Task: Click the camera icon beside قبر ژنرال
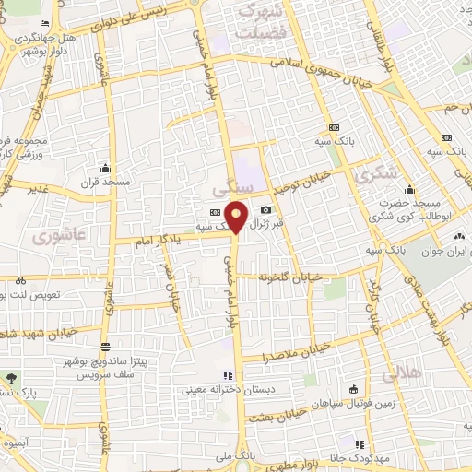[x=265, y=210]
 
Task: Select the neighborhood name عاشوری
[x=53, y=236]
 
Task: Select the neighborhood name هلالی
[x=399, y=374]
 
